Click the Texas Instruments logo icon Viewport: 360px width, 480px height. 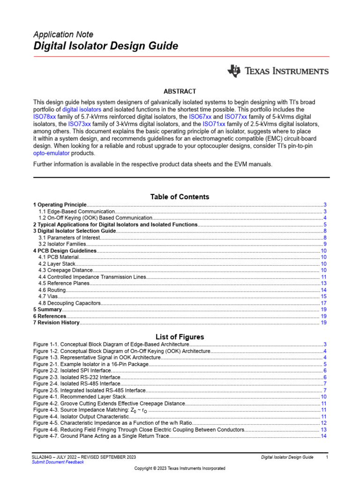234,71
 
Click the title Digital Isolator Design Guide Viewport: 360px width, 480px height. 105,46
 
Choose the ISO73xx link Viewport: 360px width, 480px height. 80,124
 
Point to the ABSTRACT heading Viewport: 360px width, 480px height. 180,91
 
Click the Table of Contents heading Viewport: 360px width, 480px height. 180,197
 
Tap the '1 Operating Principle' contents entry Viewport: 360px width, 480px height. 60,205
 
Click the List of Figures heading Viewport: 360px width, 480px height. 180,337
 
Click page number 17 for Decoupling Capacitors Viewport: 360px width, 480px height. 323,303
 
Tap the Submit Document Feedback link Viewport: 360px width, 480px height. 58,462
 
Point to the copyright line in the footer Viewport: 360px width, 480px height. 180,468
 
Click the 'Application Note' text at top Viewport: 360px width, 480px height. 63,35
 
